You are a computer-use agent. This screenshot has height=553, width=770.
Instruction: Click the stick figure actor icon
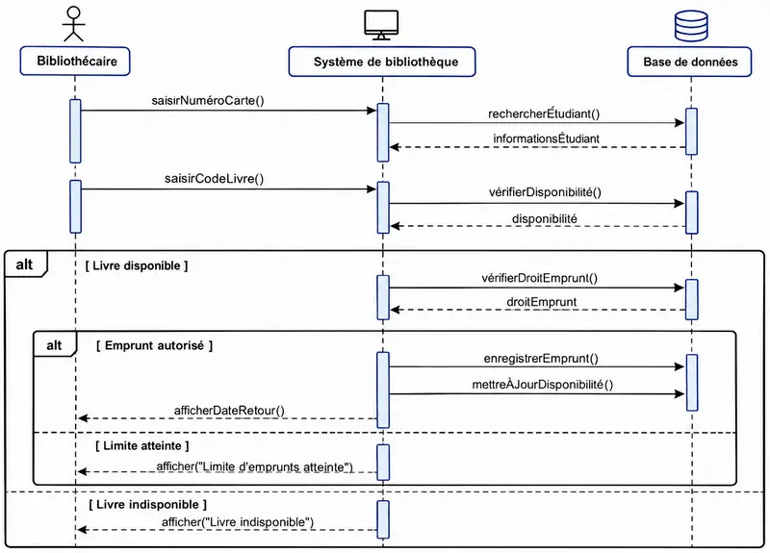pyautogui.click(x=74, y=24)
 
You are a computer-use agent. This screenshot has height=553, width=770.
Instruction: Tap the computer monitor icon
pyautogui.click(x=381, y=25)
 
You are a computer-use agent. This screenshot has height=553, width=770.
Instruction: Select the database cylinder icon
pyautogui.click(x=691, y=27)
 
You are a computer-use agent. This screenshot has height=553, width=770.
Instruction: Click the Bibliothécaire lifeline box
pyautogui.click(x=75, y=62)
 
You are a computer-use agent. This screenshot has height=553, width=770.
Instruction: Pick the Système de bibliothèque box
pyautogui.click(x=382, y=62)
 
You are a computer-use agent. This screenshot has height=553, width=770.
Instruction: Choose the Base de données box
pyautogui.click(x=689, y=62)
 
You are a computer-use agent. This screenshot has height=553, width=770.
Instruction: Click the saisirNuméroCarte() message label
pyautogui.click(x=208, y=101)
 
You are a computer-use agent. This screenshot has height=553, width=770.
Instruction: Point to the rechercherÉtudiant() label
pyautogui.click(x=544, y=113)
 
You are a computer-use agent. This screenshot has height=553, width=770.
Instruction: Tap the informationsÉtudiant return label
pyautogui.click(x=546, y=138)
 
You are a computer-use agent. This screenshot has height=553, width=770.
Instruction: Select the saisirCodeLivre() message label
pyautogui.click(x=214, y=179)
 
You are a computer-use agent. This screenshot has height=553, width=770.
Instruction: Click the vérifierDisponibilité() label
pyautogui.click(x=545, y=192)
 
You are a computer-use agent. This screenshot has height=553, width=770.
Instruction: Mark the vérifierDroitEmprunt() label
pyautogui.click(x=539, y=278)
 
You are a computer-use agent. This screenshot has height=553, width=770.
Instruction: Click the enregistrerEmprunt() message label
pyautogui.click(x=541, y=359)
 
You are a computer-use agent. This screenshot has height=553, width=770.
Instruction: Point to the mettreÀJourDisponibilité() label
pyautogui.click(x=543, y=384)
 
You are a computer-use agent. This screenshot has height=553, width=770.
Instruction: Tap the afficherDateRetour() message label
pyautogui.click(x=229, y=411)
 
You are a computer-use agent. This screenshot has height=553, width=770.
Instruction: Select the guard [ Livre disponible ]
pyautogui.click(x=137, y=266)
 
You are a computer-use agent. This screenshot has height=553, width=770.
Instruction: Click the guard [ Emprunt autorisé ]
pyautogui.click(x=154, y=346)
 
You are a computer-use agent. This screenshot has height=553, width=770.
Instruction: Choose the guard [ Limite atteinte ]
pyautogui.click(x=142, y=446)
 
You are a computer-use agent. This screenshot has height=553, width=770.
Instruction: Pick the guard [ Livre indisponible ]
pyautogui.click(x=148, y=505)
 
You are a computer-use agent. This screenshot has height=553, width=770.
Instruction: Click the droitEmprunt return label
pyautogui.click(x=541, y=302)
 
